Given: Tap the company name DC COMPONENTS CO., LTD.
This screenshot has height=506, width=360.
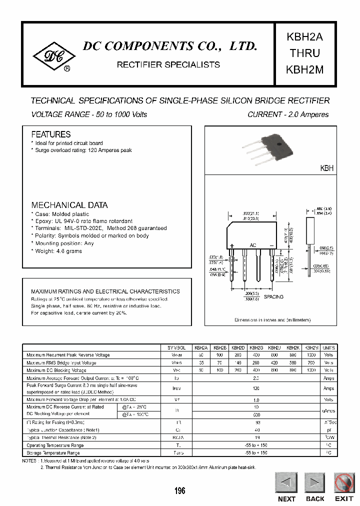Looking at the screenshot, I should coord(169,47).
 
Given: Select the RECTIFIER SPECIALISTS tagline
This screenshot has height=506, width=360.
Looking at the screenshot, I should coord(168,64).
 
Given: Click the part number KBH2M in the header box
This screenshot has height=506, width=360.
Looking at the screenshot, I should coord(304,70).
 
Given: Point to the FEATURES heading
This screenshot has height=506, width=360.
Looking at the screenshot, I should coord(51,134).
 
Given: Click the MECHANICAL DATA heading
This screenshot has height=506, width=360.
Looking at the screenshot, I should coord(69,205).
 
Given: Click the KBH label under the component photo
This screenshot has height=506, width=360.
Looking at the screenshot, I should coord(326,169).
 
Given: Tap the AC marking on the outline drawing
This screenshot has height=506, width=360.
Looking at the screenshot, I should coord(253,245).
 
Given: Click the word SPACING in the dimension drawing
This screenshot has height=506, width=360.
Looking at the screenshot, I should coord(273,297).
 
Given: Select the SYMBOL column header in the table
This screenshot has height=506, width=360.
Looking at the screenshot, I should coord(176,347).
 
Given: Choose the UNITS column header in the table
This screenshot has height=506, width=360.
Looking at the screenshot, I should coord(329,347).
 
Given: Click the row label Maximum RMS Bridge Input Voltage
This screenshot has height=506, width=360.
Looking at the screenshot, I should coord(61,363).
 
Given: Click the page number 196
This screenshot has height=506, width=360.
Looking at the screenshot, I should coord(180,491).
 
